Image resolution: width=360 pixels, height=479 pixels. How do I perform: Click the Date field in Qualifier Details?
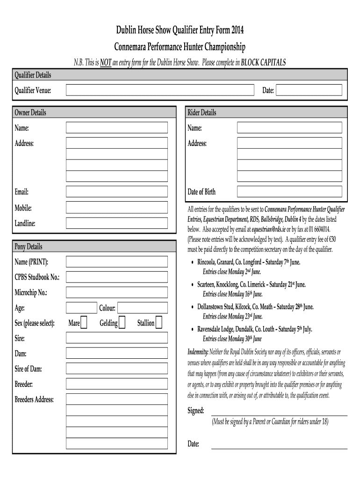point(309,90)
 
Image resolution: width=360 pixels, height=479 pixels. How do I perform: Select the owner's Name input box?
point(116,128)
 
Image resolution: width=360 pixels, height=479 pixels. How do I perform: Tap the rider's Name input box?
point(289,128)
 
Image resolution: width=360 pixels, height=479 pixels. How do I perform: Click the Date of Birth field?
point(289,192)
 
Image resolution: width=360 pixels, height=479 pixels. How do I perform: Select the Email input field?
point(116,192)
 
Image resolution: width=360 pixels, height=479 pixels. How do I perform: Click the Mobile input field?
point(116,207)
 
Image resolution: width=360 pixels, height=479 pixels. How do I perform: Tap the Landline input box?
point(116,223)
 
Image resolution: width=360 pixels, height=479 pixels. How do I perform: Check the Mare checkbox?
point(84,323)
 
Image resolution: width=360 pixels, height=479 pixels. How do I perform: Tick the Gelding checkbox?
point(122,323)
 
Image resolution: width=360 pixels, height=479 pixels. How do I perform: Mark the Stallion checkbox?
point(158,323)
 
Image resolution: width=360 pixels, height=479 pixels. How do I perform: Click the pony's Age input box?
point(81,308)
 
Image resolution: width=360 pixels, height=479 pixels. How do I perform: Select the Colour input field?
point(142,308)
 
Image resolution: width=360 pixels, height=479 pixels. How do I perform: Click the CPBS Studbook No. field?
point(116,277)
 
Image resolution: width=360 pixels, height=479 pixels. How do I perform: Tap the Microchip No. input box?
point(116,292)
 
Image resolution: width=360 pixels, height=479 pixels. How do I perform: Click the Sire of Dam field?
point(116,369)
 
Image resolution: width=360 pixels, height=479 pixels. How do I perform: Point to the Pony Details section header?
point(29,247)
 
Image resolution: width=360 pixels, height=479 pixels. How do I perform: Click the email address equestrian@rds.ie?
point(268,230)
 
